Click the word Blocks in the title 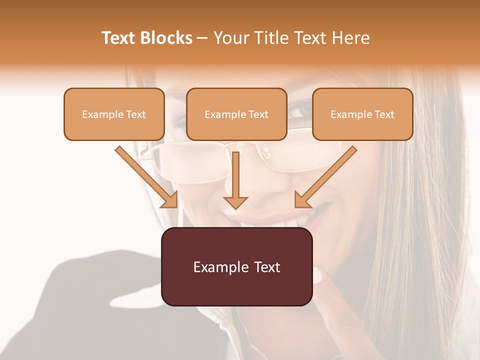pyautogui.click(x=166, y=38)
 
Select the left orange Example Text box pyautogui.click(x=114, y=114)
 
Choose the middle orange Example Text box pyautogui.click(x=236, y=114)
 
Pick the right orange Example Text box pyautogui.click(x=362, y=114)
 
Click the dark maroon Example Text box pyautogui.click(x=236, y=266)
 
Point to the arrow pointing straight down pyautogui.click(x=235, y=180)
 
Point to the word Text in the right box pyautogui.click(x=384, y=114)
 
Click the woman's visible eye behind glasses pyautogui.click(x=300, y=111)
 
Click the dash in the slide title pyautogui.click(x=202, y=38)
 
